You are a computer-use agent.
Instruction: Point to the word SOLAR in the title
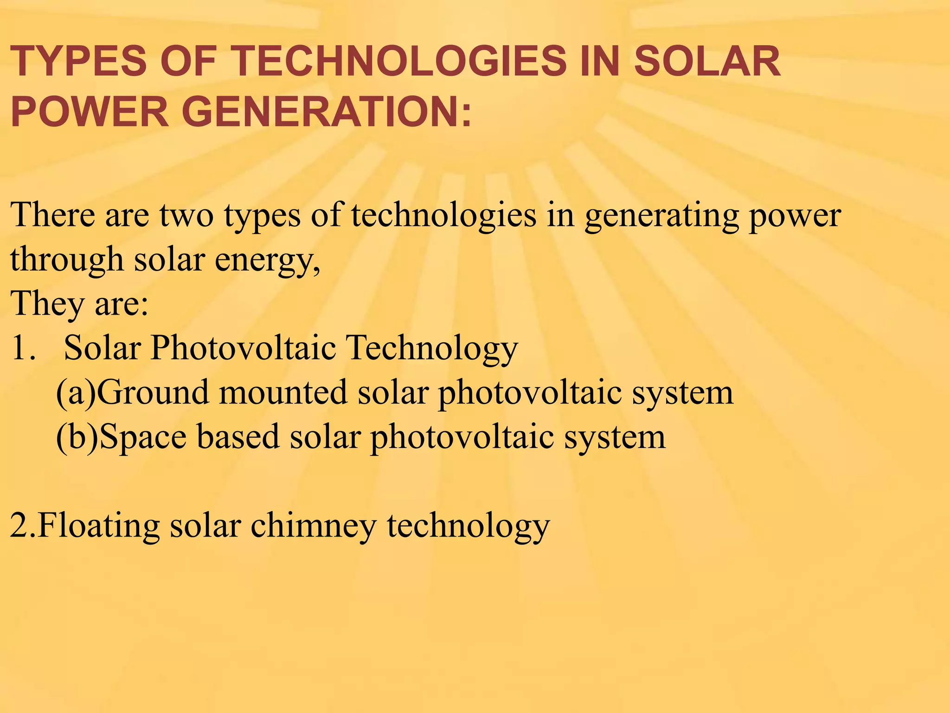pyautogui.click(x=707, y=62)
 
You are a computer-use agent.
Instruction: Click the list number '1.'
pyautogui.click(x=23, y=348)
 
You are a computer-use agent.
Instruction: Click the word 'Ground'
pyautogui.click(x=153, y=393)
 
